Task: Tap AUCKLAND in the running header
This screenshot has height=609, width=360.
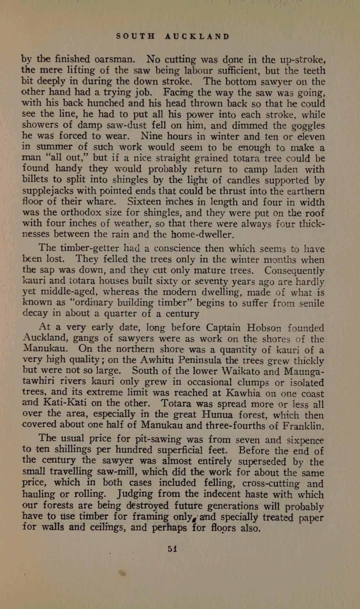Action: coord(197,36)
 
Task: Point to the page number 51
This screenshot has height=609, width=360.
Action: coord(172,549)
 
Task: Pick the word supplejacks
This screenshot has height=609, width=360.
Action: coord(50,191)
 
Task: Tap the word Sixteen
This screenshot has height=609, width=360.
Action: coord(144,202)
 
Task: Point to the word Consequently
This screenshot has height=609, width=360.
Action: coord(294,270)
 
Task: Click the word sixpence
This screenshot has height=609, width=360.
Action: coord(305,440)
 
